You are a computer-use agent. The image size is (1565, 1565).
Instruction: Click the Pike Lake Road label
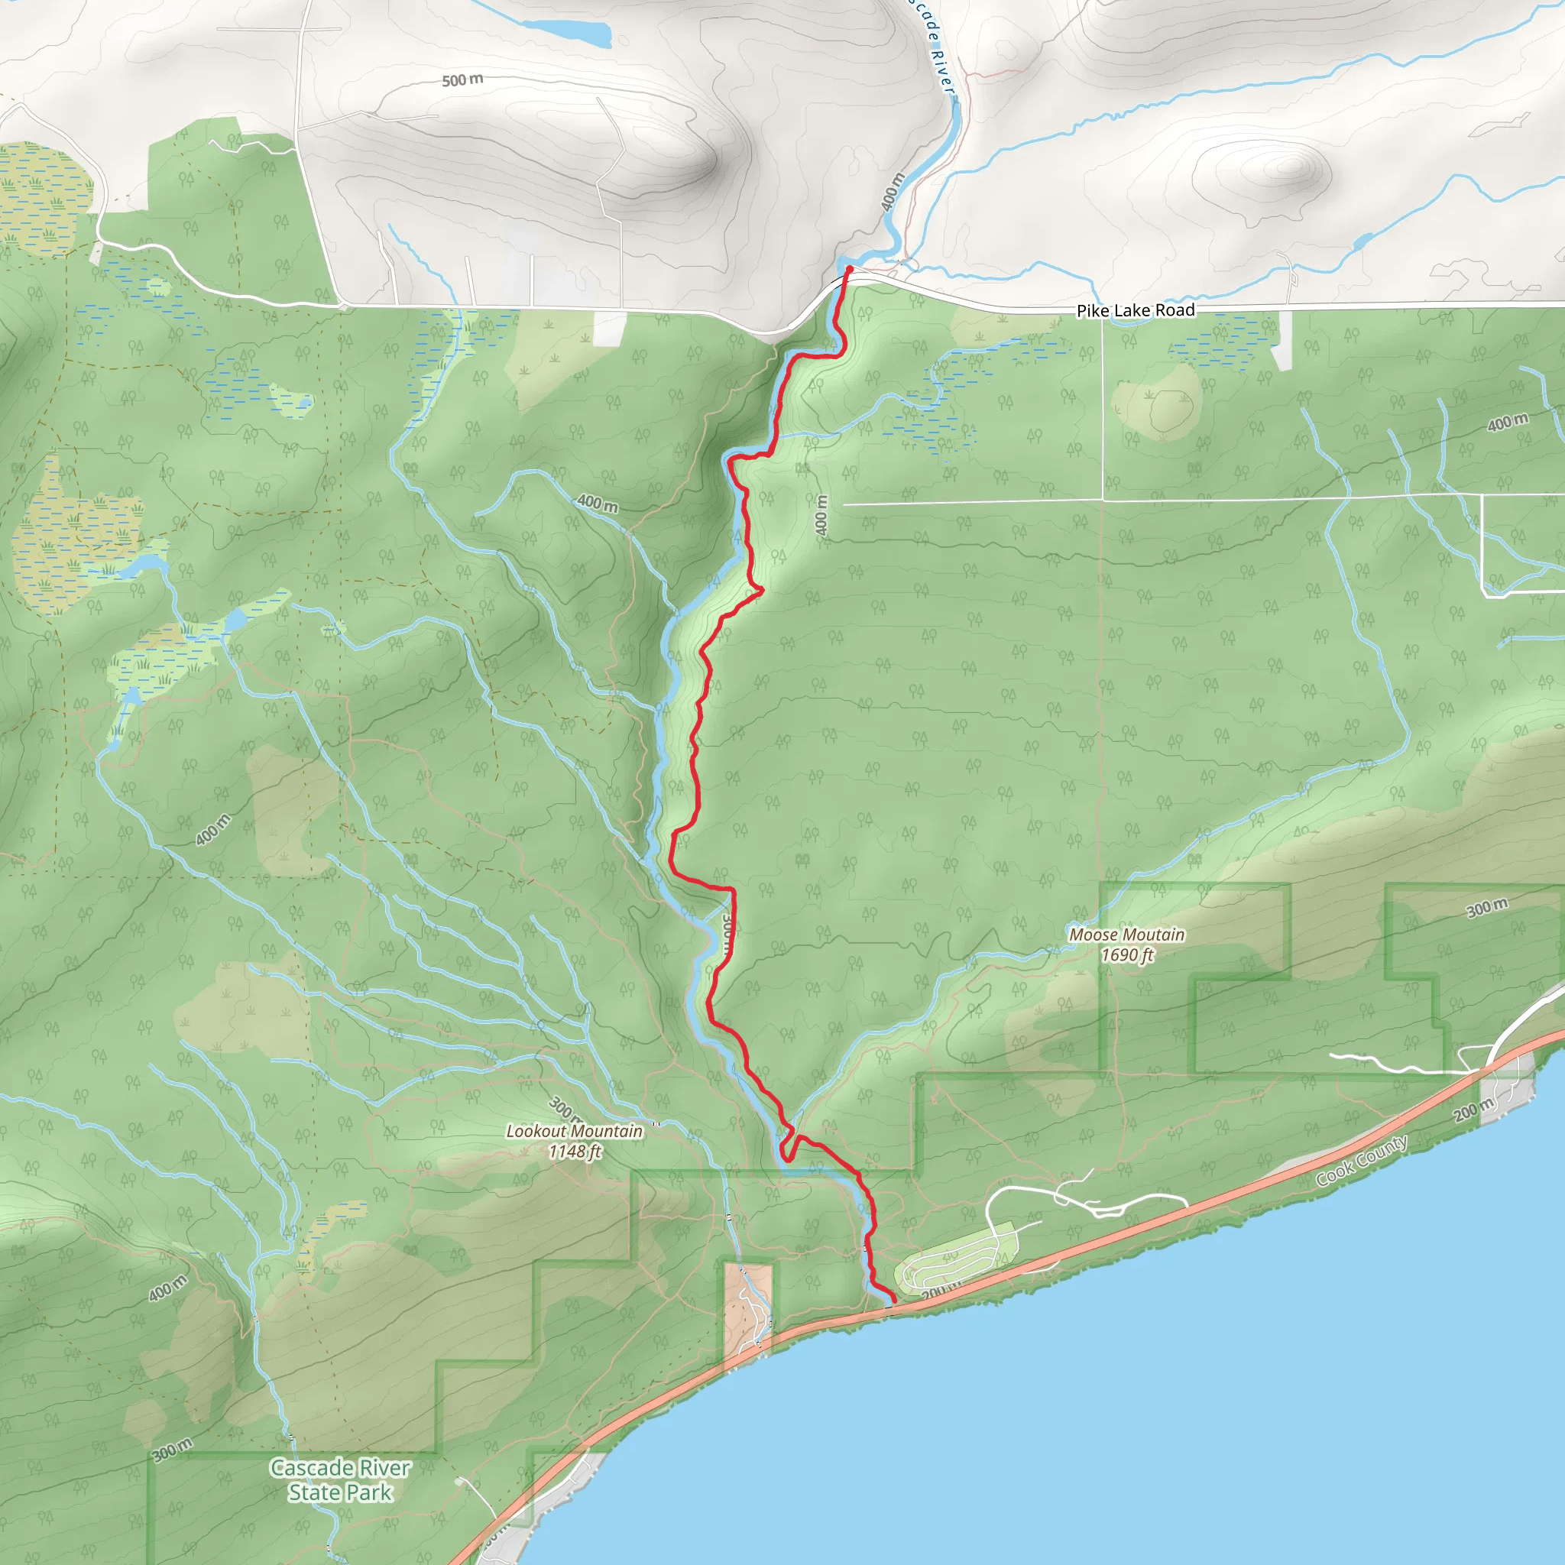tap(1135, 310)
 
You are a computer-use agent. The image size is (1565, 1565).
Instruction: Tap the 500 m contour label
tap(462, 79)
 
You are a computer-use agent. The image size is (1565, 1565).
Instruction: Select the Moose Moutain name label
tap(1127, 935)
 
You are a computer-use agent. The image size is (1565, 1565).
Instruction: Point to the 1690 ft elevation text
tap(1127, 955)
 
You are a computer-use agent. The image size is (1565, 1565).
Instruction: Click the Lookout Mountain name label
tap(575, 1131)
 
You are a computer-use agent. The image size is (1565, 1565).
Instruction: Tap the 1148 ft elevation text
tap(575, 1151)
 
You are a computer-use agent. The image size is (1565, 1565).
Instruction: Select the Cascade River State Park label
tap(340, 1480)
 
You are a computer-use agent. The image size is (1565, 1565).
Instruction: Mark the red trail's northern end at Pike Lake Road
tap(849, 268)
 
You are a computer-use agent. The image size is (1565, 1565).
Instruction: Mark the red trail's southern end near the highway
tap(893, 1303)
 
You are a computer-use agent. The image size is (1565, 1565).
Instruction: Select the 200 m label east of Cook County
tap(1473, 1109)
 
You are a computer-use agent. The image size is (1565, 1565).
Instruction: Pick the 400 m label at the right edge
tap(1508, 422)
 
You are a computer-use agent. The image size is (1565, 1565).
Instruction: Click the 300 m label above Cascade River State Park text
tap(172, 1449)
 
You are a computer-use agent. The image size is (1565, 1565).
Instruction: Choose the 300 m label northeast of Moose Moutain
tap(1487, 907)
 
